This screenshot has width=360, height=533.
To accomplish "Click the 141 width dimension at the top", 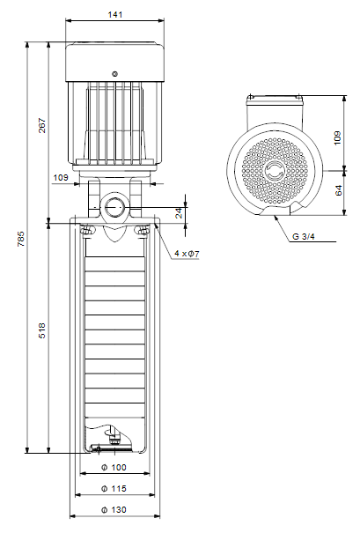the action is [114, 15].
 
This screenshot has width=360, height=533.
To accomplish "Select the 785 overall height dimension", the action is [21, 239].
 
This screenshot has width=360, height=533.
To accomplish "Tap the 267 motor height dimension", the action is [41, 125].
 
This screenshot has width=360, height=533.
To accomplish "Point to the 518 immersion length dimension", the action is [41, 330].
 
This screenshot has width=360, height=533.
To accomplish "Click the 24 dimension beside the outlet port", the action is [179, 213].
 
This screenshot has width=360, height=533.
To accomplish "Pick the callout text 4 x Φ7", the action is [187, 254].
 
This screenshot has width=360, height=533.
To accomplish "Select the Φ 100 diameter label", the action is [114, 468].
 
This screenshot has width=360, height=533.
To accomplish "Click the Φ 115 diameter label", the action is [114, 488].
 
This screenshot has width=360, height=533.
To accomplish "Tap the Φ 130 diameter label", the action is [114, 510].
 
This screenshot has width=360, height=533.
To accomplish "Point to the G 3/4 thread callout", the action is [304, 237].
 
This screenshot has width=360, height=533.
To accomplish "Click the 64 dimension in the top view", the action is [339, 190].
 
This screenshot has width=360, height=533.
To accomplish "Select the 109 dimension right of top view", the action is [337, 137].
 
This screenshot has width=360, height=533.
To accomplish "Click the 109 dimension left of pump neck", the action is [61, 177].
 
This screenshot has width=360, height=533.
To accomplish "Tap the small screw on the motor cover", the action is [114, 74].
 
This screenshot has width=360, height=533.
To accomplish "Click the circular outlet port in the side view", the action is [114, 207].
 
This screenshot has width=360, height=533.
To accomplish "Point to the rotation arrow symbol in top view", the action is [275, 169].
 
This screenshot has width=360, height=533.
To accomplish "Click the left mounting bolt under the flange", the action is [87, 230].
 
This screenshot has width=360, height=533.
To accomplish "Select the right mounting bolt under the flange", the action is [143, 230].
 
